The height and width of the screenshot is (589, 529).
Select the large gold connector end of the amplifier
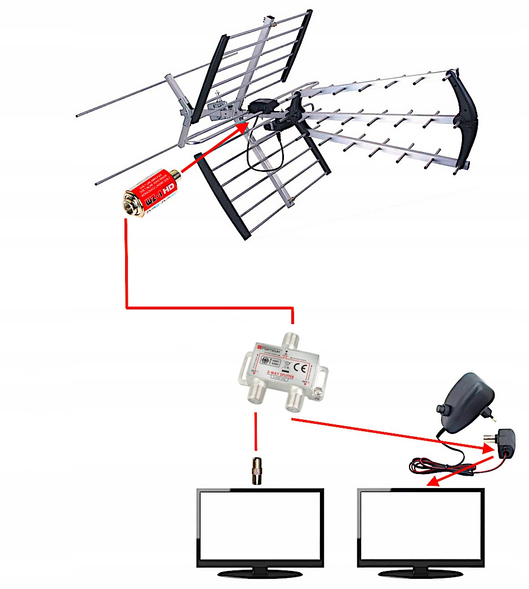(132, 202)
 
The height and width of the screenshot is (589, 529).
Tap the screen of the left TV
(260, 525)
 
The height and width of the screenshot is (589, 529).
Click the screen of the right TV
(421, 525)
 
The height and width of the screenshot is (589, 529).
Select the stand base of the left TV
(260, 574)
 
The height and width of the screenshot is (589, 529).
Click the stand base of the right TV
(421, 574)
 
